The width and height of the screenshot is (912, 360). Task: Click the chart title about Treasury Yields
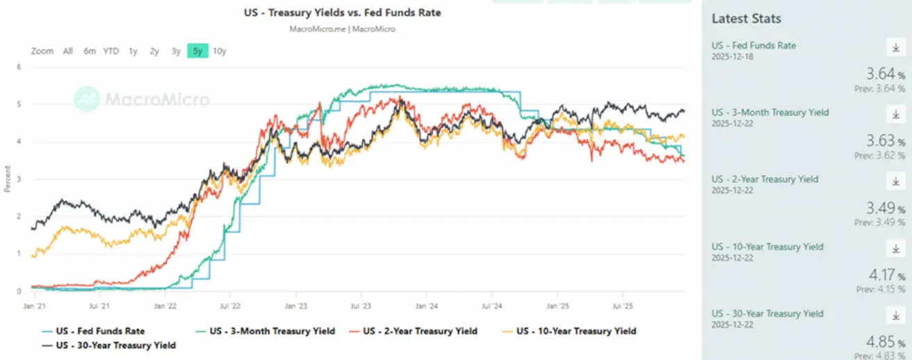[x=342, y=13]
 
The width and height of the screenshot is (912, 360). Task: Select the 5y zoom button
[x=197, y=51]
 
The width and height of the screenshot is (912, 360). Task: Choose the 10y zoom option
[x=220, y=51]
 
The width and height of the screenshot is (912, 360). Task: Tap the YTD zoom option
[x=111, y=51]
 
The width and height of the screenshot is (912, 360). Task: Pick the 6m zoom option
[x=89, y=51]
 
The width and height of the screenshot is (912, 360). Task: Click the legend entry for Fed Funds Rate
[x=100, y=331]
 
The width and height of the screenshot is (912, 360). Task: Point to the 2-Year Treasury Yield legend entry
[x=420, y=331]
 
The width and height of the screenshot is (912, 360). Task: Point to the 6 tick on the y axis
[x=19, y=67]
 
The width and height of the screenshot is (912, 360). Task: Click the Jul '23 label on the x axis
[x=360, y=305]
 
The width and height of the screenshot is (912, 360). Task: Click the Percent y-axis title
[x=7, y=179]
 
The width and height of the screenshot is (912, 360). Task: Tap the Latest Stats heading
[x=746, y=19]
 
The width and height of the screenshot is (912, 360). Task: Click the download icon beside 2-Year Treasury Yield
[x=896, y=181]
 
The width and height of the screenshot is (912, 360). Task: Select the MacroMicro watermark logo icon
[x=87, y=99]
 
